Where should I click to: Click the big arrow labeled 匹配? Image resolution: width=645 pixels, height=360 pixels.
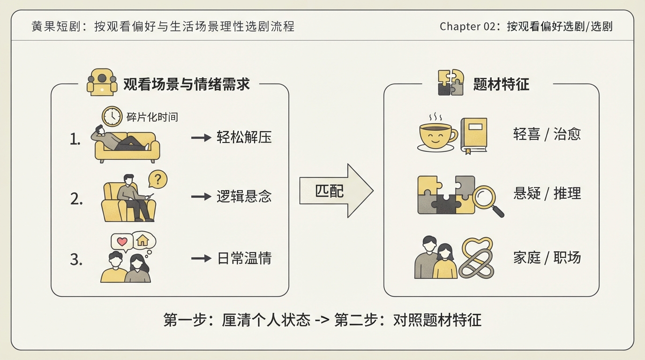coord(336,191)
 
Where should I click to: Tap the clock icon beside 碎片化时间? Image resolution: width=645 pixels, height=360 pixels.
coord(112,116)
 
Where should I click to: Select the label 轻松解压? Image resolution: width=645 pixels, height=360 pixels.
coord(244,137)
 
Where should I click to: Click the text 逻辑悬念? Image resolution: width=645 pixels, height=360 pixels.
coord(244,196)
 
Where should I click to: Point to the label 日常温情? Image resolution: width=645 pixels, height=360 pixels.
coord(244,258)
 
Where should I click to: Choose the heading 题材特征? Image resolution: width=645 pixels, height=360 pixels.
coord(501,84)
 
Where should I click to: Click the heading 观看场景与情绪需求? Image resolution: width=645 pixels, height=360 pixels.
coord(186,84)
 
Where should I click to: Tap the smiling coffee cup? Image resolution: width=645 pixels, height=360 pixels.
coord(437,136)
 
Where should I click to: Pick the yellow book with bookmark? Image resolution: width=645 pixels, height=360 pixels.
coord(473,135)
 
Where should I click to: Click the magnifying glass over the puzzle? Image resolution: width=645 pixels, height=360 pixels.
coord(487,200)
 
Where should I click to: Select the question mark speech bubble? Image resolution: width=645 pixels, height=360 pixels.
coord(157,180)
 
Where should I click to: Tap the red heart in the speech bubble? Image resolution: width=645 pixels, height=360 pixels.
coord(122,241)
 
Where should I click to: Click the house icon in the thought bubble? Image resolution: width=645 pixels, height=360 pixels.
coord(142,240)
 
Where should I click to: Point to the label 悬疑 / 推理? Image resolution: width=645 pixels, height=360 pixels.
coord(547,193)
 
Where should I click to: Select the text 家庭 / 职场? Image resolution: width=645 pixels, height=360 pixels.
coord(547,257)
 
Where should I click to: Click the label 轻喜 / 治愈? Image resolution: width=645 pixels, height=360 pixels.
coord(547,134)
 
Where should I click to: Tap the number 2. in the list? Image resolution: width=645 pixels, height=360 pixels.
coord(76,199)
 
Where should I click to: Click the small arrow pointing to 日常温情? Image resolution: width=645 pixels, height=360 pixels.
coord(201,258)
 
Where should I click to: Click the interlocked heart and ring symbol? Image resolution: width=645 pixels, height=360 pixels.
coord(476,258)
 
